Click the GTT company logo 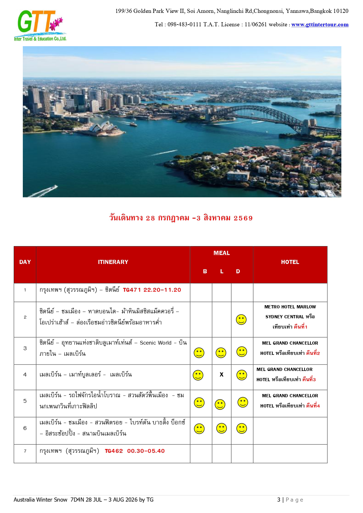click(40, 25)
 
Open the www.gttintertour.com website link click(320, 25)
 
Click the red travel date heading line click(181, 218)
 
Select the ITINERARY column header click(113, 262)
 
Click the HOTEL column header click(290, 262)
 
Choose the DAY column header click(25, 262)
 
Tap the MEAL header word click(221, 253)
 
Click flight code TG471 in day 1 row click(132, 290)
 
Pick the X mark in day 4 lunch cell click(221, 374)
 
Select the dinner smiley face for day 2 click(241, 319)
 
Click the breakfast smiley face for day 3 click(199, 353)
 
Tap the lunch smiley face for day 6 click(221, 428)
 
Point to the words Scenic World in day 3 click(156, 343)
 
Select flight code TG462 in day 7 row click(114, 451)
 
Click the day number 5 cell click(25, 401)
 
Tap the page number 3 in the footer click(279, 500)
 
